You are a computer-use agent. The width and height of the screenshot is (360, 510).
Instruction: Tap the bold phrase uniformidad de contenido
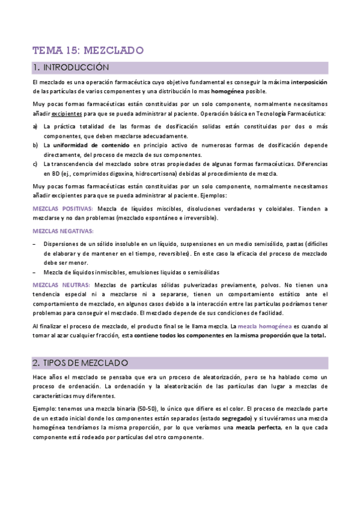click(x=91, y=146)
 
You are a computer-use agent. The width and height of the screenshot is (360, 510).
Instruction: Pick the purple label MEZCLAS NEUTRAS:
click(x=59, y=284)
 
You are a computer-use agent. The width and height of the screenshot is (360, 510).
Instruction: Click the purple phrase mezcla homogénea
click(x=265, y=326)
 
